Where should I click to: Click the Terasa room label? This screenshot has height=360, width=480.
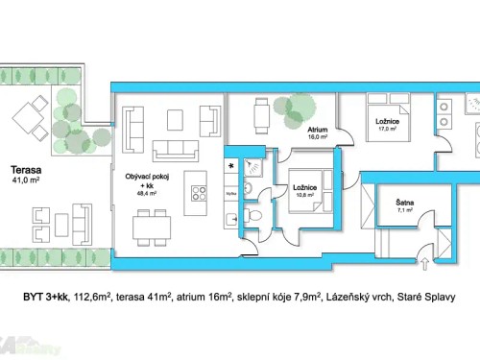tap(25, 165)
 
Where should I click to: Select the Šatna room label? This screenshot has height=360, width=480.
tap(405, 203)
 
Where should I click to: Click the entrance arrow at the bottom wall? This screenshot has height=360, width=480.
tap(426, 260)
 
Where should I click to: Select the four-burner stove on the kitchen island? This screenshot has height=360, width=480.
tap(199, 191)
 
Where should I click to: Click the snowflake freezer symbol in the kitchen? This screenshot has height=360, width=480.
tap(230, 165)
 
